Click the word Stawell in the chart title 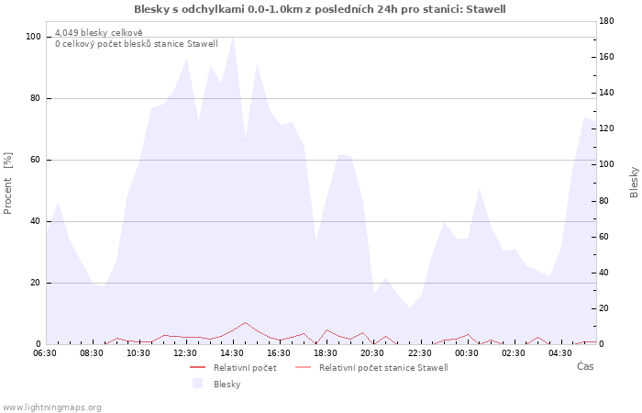[486, 9]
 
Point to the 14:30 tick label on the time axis [232, 353]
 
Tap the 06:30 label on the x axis [45, 353]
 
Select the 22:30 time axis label [420, 353]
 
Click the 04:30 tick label [560, 353]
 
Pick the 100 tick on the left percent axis [33, 37]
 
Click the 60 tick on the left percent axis [35, 160]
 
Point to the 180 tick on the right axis [606, 21]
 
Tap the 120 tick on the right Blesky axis [606, 128]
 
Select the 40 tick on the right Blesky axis [603, 273]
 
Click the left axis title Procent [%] [7, 184]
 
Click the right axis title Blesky [634, 182]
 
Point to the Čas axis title [585, 366]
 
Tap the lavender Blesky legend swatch [198, 384]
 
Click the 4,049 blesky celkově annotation [99, 33]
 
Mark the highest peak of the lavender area [233, 37]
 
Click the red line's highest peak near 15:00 [245, 322]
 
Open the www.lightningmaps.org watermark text [51, 407]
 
